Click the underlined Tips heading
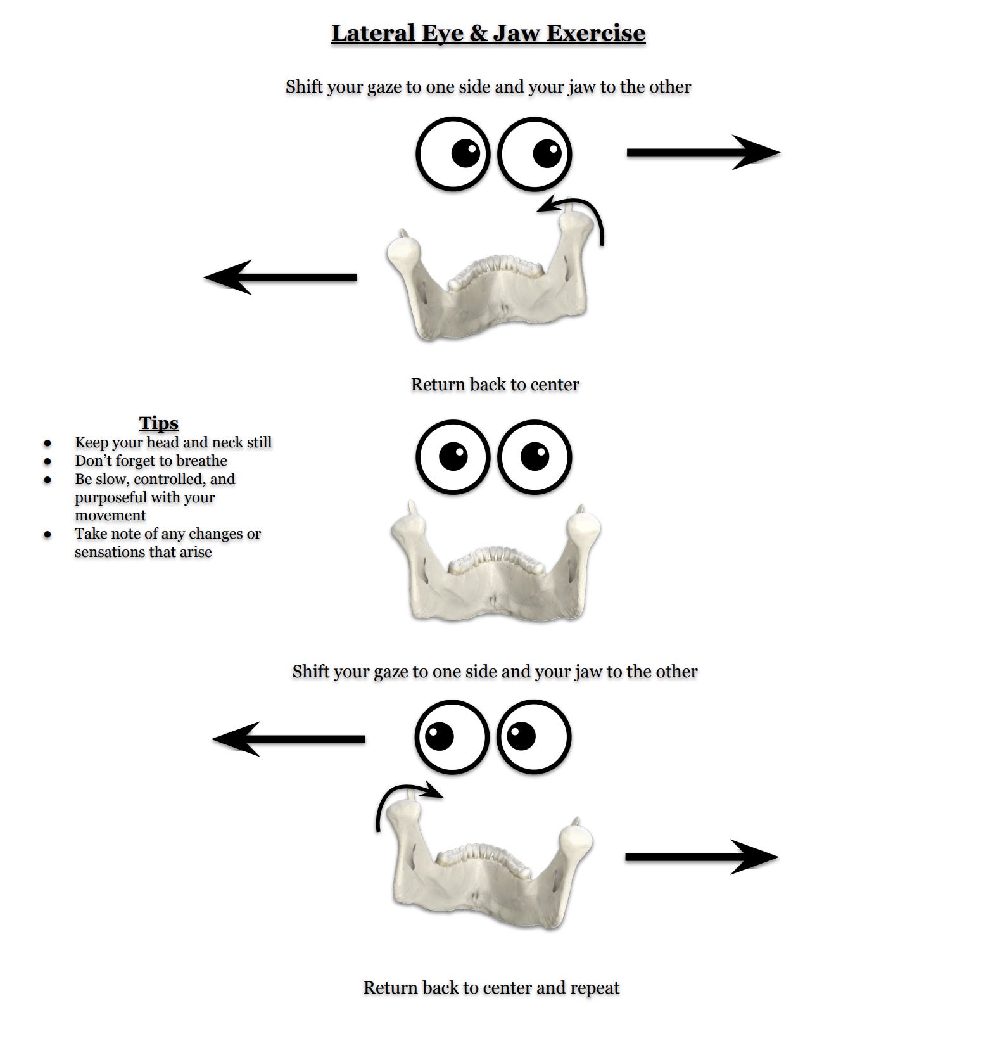(158, 423)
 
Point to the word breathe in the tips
(202, 461)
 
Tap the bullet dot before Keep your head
(47, 443)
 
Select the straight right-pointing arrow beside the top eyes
(703, 153)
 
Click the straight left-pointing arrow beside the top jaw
(281, 278)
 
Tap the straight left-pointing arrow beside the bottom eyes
(289, 739)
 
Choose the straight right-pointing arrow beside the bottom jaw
(702, 857)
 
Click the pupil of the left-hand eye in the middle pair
(453, 456)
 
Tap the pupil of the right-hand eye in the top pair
(547, 153)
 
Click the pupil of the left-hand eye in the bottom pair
(440, 736)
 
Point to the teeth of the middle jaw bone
(496, 558)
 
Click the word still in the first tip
(258, 442)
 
